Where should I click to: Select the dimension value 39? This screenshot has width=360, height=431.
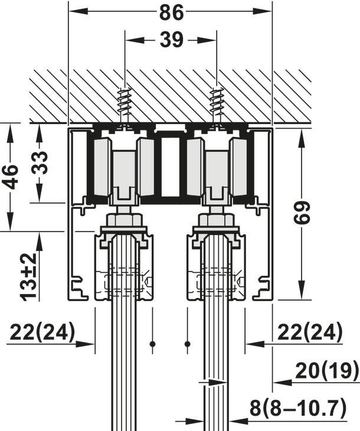pyautogui.click(x=171, y=40)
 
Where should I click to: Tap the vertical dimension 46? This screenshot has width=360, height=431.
pyautogui.click(x=11, y=176)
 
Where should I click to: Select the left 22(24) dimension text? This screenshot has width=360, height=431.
pyautogui.click(x=42, y=333)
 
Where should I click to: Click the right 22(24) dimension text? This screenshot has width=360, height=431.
pyautogui.click(x=309, y=333)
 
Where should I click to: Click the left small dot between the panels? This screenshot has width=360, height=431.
pyautogui.click(x=152, y=344)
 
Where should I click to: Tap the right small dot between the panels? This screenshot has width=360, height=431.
pyautogui.click(x=188, y=344)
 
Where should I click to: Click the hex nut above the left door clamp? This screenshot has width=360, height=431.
pyautogui.click(x=125, y=221)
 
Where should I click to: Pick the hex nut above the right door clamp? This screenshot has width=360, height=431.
pyautogui.click(x=217, y=221)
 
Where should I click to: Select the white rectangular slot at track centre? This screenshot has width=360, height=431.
pyautogui.click(x=170, y=167)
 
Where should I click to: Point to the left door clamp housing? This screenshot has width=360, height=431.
pyautogui.click(x=124, y=269)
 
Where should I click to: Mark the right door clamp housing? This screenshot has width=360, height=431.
pyautogui.click(x=216, y=269)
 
